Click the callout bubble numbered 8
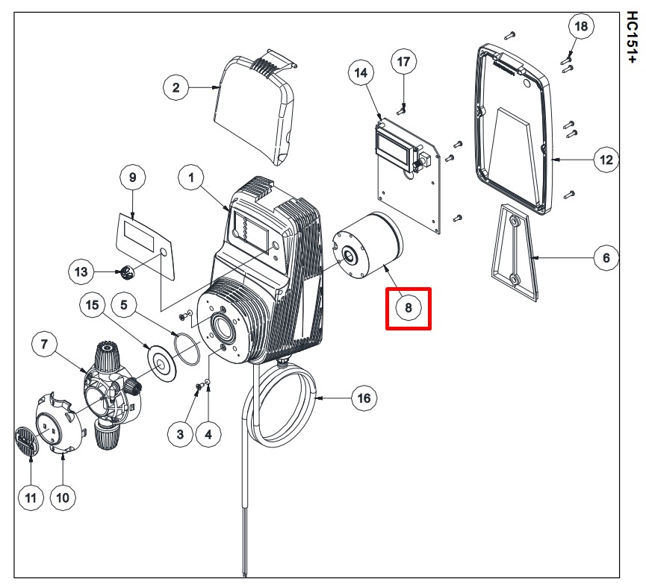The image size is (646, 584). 409,308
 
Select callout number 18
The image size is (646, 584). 581,26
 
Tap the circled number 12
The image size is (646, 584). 606,160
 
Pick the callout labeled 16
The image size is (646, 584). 364,398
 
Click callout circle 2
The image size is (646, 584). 176,87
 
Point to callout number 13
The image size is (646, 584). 81,271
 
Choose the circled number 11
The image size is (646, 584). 31,497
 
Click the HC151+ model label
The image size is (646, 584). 631,37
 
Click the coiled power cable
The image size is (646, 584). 280,407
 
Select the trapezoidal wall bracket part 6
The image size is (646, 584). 515,252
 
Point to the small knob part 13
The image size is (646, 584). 126,271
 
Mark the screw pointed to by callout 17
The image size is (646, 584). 402,110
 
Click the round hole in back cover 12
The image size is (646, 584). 527,83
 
